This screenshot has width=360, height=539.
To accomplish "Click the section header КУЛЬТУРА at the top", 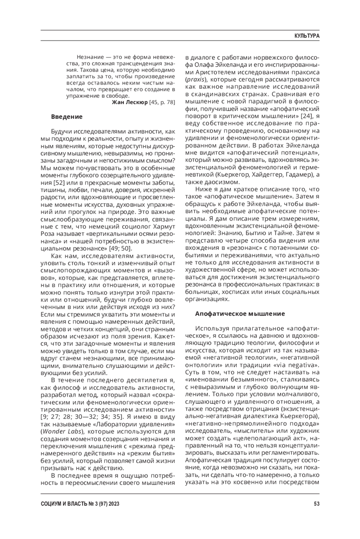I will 307,36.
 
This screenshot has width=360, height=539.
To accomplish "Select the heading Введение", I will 67,117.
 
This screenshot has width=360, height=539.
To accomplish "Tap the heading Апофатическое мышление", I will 240,314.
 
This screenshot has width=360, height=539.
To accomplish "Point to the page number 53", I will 316,504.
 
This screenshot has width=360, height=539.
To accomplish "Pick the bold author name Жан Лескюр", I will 130,102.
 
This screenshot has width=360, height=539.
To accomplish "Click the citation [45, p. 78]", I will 162,102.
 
